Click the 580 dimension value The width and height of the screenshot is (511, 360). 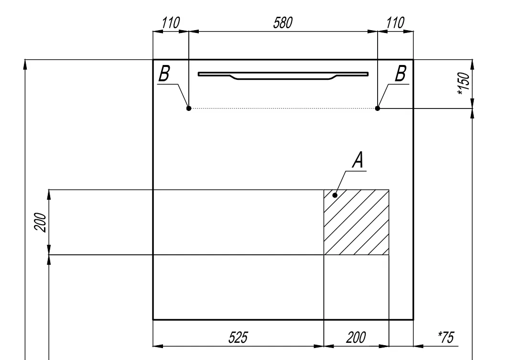click(x=283, y=23)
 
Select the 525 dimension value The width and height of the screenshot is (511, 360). click(x=238, y=338)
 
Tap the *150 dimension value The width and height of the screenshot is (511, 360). click(x=464, y=84)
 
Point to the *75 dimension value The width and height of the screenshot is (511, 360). click(x=446, y=337)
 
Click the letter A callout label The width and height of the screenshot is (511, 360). click(x=358, y=160)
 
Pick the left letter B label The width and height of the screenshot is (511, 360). click(x=164, y=74)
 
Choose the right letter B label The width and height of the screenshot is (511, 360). click(x=401, y=74)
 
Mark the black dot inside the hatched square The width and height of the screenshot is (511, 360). click(x=335, y=196)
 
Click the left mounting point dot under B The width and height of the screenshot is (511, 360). click(x=189, y=108)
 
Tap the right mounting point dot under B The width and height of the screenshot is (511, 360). click(x=377, y=108)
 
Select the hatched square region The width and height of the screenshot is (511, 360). click(x=356, y=222)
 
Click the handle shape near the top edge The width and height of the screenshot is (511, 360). click(x=283, y=76)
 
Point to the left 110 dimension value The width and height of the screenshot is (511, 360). click(x=171, y=23)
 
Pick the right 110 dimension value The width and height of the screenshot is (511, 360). click(x=395, y=23)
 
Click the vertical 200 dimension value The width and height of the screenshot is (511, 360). click(x=41, y=222)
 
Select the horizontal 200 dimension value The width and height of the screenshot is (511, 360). click(x=356, y=338)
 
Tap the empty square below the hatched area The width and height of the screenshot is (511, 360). click(x=356, y=287)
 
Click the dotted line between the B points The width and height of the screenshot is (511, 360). click(x=283, y=108)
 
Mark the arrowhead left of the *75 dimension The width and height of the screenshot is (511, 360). click(x=418, y=346)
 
